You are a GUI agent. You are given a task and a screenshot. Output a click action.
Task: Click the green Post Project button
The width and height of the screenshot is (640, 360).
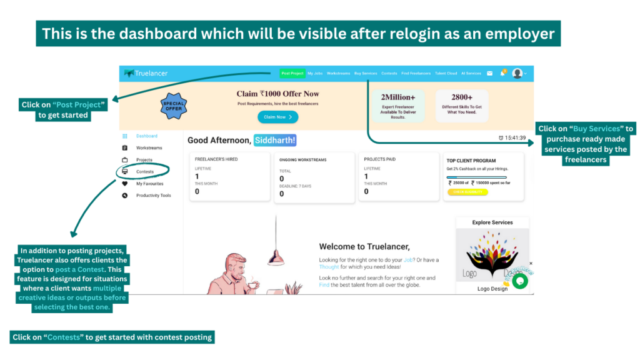[292, 73]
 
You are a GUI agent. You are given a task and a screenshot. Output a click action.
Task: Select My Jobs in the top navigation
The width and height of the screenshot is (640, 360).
[315, 73]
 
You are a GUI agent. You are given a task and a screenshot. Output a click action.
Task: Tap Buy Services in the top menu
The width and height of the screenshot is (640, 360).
[366, 73]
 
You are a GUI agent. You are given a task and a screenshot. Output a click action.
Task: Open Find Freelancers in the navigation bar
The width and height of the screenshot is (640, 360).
[416, 73]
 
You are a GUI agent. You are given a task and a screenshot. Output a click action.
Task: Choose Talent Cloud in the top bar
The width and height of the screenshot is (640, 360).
[446, 73]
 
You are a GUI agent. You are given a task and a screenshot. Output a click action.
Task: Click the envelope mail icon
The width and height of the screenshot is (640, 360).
[490, 73]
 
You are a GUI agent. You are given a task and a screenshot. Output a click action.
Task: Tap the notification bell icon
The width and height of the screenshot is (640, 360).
[502, 73]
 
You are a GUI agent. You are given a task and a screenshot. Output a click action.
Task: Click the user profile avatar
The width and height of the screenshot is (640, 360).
[517, 73]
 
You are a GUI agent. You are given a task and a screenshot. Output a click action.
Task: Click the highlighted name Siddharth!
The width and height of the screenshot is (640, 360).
[275, 141]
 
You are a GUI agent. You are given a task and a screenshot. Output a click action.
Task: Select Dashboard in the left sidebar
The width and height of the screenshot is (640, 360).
[147, 136]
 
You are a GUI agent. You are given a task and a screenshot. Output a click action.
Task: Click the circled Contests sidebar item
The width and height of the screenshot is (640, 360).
[144, 171]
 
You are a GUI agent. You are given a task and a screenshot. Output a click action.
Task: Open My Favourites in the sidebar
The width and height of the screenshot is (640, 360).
[149, 184]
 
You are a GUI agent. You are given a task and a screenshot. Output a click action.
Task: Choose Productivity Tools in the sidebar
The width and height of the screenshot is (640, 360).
[153, 196]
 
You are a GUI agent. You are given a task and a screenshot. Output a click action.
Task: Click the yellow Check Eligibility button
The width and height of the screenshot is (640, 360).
[467, 192]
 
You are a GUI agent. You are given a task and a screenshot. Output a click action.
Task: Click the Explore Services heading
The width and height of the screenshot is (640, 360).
[492, 222]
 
